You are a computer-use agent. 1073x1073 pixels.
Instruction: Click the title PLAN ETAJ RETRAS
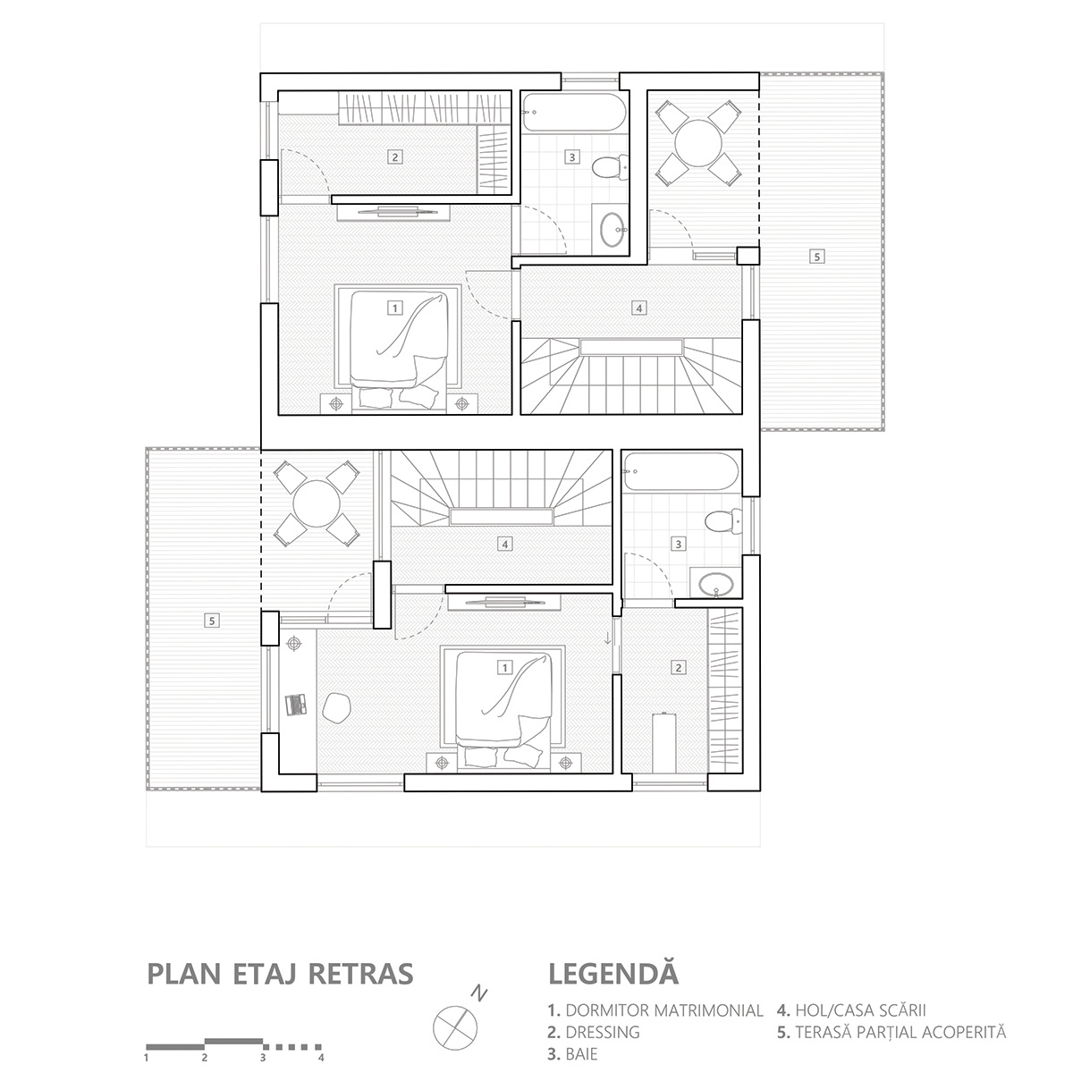tap(280, 973)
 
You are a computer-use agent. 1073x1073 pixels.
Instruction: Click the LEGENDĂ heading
tap(613, 973)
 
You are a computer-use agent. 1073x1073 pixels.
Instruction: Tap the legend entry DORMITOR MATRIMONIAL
tap(655, 1010)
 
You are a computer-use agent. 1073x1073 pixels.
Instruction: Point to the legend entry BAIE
tap(572, 1054)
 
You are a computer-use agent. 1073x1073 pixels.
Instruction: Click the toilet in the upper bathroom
tap(608, 166)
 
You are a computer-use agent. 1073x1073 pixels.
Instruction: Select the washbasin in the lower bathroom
tap(716, 585)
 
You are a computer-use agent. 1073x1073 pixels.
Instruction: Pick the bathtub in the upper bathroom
tap(572, 112)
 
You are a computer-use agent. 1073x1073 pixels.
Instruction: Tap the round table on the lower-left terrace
tap(316, 504)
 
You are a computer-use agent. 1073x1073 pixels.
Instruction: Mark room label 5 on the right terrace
tap(815, 257)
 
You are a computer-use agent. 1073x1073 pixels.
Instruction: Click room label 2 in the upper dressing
tap(394, 156)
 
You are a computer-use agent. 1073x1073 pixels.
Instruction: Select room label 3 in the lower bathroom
tap(679, 544)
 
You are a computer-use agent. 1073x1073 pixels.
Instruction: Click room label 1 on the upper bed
tap(393, 308)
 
